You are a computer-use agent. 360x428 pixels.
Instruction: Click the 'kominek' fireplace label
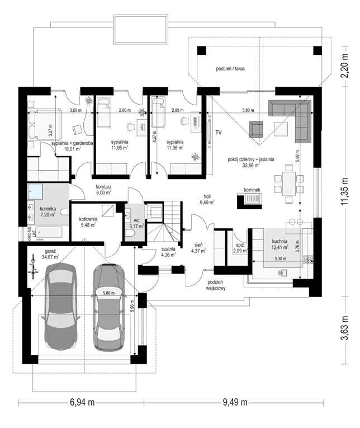(x=252, y=190)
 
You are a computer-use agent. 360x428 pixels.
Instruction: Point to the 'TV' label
(x=219, y=133)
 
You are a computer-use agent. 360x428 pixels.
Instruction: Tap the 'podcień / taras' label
(x=231, y=69)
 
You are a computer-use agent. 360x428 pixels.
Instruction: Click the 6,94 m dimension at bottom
(x=82, y=402)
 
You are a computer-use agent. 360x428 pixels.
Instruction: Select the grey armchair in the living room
(x=256, y=129)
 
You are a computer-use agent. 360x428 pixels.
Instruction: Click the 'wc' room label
(x=136, y=220)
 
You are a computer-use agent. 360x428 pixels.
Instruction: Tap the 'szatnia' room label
(x=168, y=248)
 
